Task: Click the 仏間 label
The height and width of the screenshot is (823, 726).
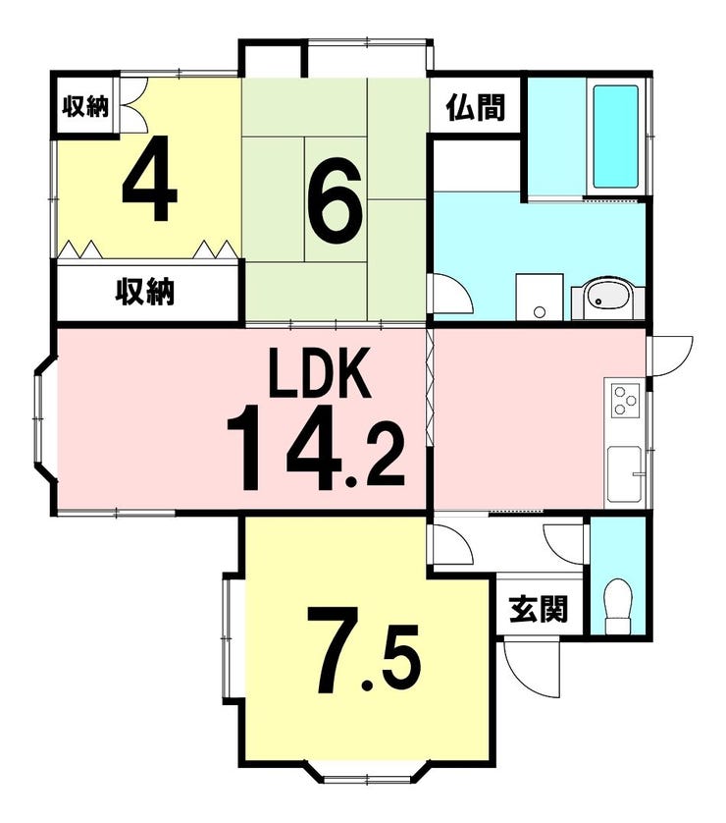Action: [x=476, y=108]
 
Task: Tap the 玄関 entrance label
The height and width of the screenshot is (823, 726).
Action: [x=540, y=609]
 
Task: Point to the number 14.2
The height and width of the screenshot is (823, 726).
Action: [x=316, y=448]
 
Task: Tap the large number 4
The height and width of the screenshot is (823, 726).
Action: [x=149, y=178]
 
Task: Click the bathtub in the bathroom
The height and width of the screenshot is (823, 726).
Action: [x=615, y=139]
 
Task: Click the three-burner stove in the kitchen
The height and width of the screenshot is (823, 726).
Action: [x=625, y=401]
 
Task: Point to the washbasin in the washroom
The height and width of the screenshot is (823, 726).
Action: [x=608, y=298]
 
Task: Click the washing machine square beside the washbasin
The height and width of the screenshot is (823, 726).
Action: [x=540, y=297]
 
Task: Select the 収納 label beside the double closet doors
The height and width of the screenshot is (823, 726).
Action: [x=85, y=107]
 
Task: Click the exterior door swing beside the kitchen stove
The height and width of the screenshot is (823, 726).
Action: [x=672, y=356]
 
